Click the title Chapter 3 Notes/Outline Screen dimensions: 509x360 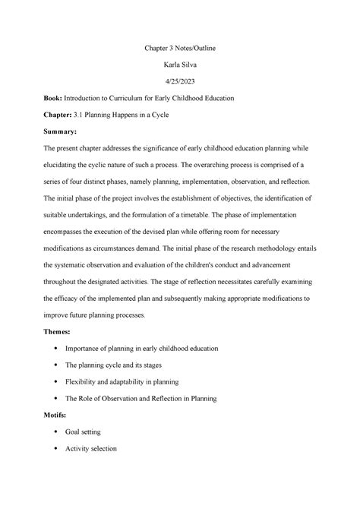179,49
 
